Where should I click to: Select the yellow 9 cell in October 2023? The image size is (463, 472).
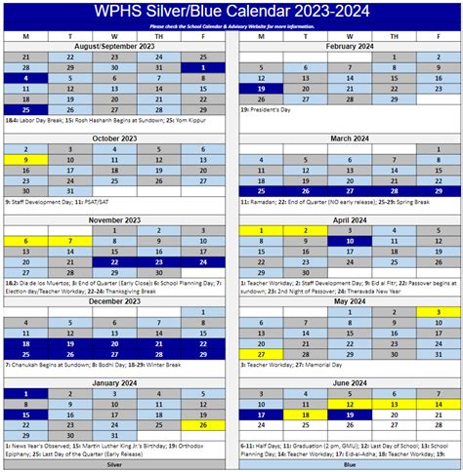25,159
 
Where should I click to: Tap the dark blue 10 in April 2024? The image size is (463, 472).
348,241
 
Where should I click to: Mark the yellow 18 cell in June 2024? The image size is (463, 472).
305,414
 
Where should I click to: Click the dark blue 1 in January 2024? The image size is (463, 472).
25,393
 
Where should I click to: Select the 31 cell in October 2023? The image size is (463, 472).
70,179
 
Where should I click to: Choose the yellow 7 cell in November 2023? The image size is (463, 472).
70,241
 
